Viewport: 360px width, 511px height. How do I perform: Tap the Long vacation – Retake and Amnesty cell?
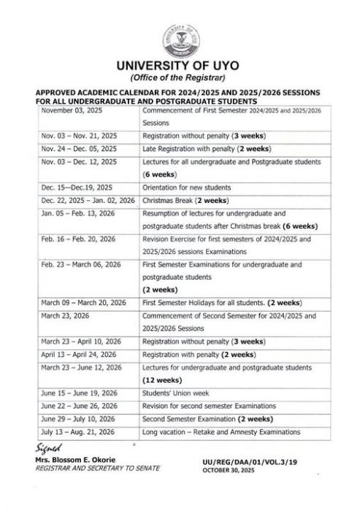[221, 432]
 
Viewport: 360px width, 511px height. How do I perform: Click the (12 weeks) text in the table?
[163, 380]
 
